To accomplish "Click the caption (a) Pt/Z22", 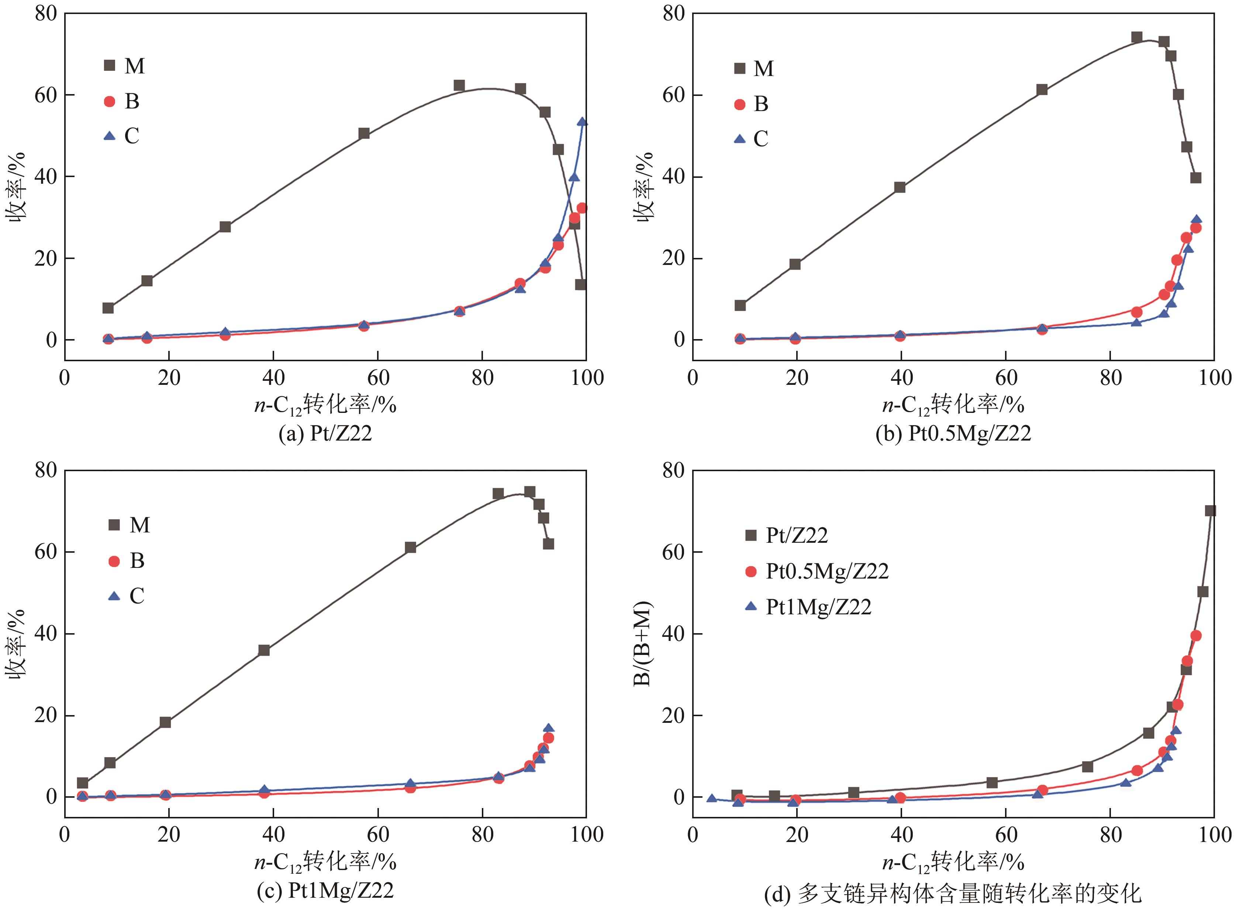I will click(x=325, y=434).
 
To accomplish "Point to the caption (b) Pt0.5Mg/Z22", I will click(x=953, y=434).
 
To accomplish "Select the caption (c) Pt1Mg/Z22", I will click(x=325, y=890).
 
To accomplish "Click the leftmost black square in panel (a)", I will click(x=108, y=308).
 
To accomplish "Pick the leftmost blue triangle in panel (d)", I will click(x=712, y=798).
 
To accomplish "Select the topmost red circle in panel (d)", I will click(x=1196, y=635).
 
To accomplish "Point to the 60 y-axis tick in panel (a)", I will click(x=45, y=95).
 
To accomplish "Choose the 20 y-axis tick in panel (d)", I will click(x=673, y=715).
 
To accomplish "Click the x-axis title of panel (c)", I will click(x=325, y=862).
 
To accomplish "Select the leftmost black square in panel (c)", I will click(x=82, y=783).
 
